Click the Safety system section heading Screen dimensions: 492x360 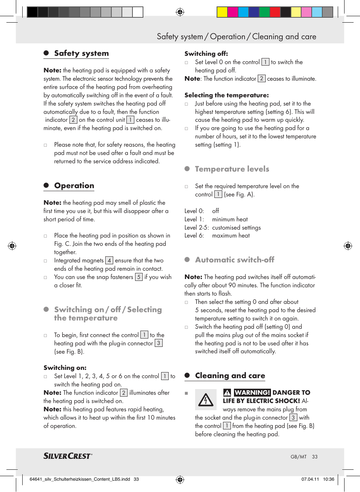(81, 53)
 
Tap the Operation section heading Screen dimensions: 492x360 (74, 185)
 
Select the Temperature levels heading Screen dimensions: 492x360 (232, 169)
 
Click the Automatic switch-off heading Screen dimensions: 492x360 (234, 260)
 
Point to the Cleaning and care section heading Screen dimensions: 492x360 (230, 376)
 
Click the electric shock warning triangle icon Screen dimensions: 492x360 (206, 400)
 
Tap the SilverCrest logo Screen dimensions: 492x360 (68, 456)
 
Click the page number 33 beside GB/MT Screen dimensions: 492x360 (315, 457)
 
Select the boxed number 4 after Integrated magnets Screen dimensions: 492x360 (109, 261)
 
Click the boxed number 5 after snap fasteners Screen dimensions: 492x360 (139, 277)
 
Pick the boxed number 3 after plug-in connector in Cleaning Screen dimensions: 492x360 (293, 418)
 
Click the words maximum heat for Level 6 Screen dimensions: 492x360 (231, 236)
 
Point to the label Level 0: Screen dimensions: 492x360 (194, 211)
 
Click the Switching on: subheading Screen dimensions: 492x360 (65, 368)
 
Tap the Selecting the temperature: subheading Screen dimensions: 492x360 (226, 95)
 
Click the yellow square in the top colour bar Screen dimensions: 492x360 (222, 12)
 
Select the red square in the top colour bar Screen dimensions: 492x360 (275, 12)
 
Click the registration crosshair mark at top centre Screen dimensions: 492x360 (180, 12)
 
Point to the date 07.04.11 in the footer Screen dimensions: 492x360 (310, 479)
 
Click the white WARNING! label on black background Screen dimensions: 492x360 (252, 392)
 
